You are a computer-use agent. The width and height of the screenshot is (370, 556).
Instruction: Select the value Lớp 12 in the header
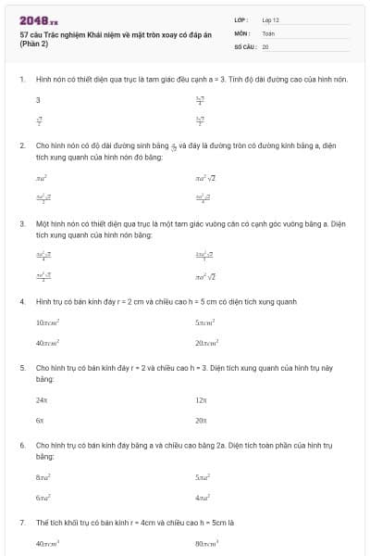pos(270,19)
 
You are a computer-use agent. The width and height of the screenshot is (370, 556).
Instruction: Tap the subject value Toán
pos(268,32)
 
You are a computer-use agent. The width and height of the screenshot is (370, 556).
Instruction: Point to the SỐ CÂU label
pos(244,45)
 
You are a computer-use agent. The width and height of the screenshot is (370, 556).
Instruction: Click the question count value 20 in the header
pos(265,45)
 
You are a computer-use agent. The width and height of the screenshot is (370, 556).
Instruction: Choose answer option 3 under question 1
pos(38,99)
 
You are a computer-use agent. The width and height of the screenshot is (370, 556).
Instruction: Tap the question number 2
pos(21,145)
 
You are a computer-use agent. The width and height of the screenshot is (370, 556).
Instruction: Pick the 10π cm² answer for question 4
pos(47,322)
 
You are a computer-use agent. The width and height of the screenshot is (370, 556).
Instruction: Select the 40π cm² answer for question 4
pos(47,343)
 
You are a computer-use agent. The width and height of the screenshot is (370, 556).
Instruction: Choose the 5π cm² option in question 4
pos(204,322)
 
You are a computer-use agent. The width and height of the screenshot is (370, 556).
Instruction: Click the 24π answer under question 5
pos(42,399)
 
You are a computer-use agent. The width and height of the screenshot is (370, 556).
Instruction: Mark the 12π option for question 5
pos(201,399)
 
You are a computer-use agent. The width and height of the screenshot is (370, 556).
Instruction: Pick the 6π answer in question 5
pos(40,420)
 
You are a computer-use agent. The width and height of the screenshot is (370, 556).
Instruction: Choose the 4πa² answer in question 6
pos(203,498)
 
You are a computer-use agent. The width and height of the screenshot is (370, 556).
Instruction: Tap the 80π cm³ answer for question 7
pos(205,543)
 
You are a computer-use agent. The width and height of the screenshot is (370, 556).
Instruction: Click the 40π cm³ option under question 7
pos(47,543)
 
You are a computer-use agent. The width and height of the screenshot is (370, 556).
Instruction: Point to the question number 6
pos(21,446)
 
